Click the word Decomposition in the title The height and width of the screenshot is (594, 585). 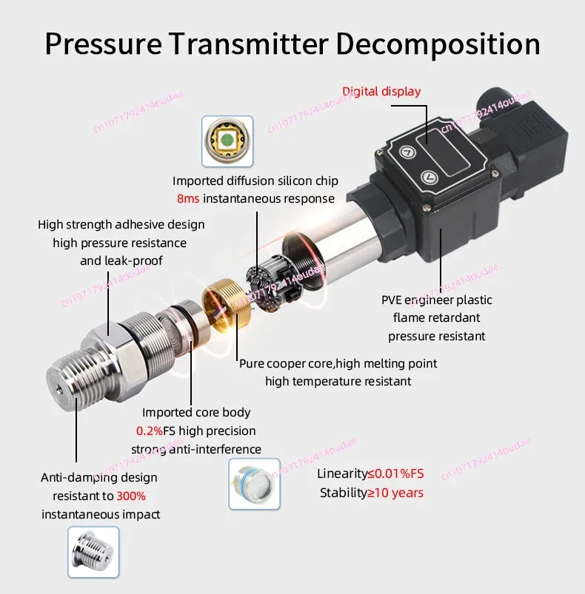438,44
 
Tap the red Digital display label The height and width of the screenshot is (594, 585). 381,92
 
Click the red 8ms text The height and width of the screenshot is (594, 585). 187,199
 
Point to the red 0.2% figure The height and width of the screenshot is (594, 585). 149,431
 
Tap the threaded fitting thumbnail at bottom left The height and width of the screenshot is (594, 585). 93,552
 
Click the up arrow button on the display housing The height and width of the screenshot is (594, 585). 407,152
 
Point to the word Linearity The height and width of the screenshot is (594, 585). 342,473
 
